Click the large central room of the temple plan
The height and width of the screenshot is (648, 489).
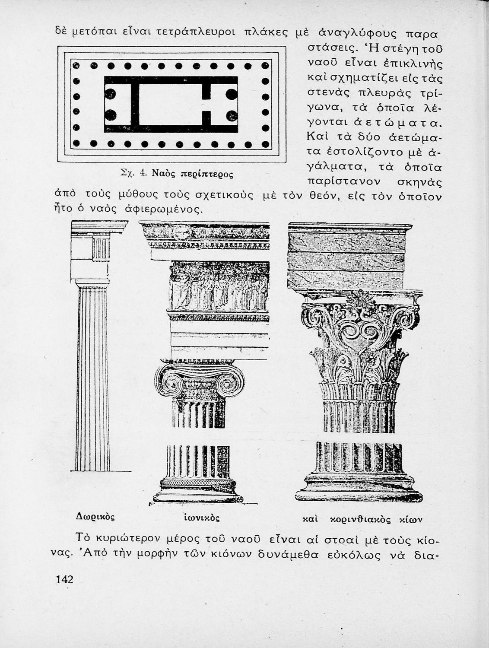(x=170, y=104)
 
